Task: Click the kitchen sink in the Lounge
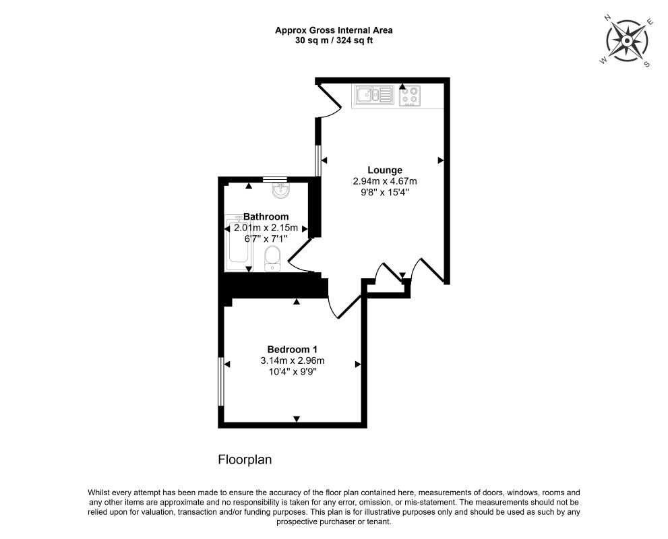coord(375,95)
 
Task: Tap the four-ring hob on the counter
coord(409,96)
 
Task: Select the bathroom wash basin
coord(280,191)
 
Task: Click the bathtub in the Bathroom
coord(239,243)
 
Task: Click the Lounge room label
coord(385,170)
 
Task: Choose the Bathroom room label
coord(266,217)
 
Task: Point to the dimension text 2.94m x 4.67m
coord(385,181)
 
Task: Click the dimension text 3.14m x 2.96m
coord(293,360)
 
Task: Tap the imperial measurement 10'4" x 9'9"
coord(293,372)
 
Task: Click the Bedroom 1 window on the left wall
coord(220,381)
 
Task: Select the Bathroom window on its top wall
coord(275,179)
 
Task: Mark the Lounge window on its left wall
coord(317,160)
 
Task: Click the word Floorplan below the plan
coord(245,459)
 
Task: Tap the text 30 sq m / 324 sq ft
coord(334,41)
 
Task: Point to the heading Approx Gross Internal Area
coord(334,30)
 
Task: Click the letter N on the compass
coord(608,18)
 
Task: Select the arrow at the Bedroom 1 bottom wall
coord(297,419)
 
